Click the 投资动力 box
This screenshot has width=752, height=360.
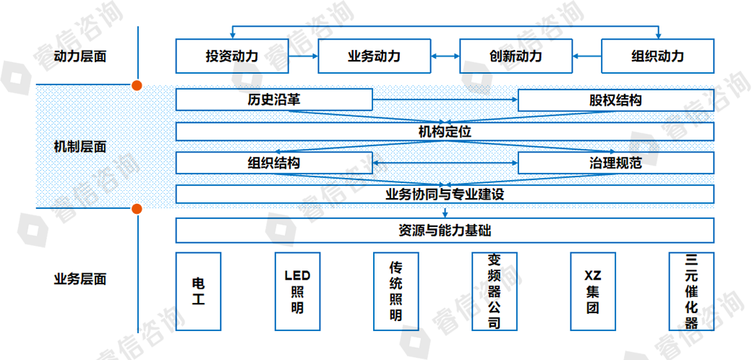point(231,56)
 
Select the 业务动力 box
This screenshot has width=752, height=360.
point(374,56)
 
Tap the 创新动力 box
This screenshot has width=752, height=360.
point(516,56)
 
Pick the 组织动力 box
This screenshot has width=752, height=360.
point(657,56)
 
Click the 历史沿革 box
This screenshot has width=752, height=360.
point(274,100)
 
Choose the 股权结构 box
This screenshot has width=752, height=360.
point(615,100)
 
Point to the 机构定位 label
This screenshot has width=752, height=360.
point(445,132)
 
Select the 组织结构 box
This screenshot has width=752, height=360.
point(274,163)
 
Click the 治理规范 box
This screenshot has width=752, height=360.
point(615,163)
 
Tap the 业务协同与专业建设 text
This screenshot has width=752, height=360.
point(445,194)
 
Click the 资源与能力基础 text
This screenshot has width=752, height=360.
point(445,231)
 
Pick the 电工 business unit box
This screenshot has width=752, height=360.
point(198,291)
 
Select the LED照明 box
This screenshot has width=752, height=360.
point(297,291)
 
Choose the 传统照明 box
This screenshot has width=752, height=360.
point(395,291)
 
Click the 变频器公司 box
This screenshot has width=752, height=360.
point(494,291)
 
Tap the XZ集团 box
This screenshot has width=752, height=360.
point(592,291)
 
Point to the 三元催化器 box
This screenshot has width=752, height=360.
point(691,291)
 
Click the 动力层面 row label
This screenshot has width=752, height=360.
point(80,56)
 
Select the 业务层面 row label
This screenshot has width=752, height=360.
point(80,279)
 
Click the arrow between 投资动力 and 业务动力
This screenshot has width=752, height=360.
point(302,56)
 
